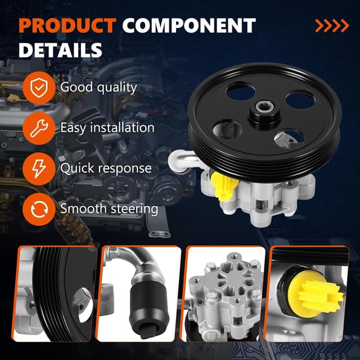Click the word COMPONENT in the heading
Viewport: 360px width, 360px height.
(x=189, y=26)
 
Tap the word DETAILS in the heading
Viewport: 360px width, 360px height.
(x=61, y=50)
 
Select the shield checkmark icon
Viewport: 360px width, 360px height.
(x=39, y=87)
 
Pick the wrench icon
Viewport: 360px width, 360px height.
(x=39, y=128)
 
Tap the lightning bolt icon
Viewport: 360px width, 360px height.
(x=39, y=168)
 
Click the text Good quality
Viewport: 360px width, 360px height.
(x=98, y=87)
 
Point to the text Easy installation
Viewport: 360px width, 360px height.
(x=107, y=128)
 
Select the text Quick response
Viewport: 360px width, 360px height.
(x=106, y=168)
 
